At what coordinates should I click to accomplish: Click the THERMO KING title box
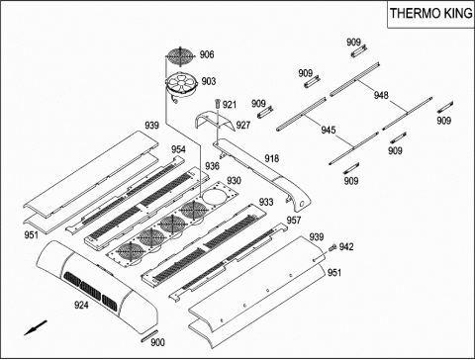click(x=430, y=14)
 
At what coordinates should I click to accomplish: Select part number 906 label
click(x=207, y=54)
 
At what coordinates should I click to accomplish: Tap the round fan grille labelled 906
click(x=180, y=56)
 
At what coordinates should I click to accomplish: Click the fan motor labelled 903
click(x=181, y=84)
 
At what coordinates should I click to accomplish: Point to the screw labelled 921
click(x=218, y=103)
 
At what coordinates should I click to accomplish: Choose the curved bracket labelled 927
click(x=215, y=121)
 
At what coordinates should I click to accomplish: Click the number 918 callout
click(x=272, y=159)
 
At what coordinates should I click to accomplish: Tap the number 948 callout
click(x=381, y=95)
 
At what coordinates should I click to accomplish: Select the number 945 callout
click(x=329, y=130)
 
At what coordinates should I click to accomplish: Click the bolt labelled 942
click(x=332, y=247)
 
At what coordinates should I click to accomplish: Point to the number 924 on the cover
click(x=81, y=305)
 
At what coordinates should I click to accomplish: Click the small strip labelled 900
click(x=149, y=335)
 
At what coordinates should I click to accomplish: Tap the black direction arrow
click(x=36, y=328)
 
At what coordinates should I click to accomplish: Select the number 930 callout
click(x=234, y=181)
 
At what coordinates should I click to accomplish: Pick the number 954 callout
click(x=178, y=149)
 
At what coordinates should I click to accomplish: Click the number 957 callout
click(x=294, y=221)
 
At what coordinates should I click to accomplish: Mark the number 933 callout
click(x=266, y=202)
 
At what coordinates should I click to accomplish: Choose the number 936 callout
click(x=212, y=166)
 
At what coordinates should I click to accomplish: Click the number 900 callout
click(x=157, y=343)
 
